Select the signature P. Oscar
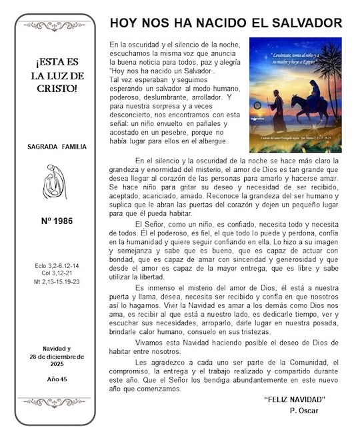[x=304, y=410]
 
